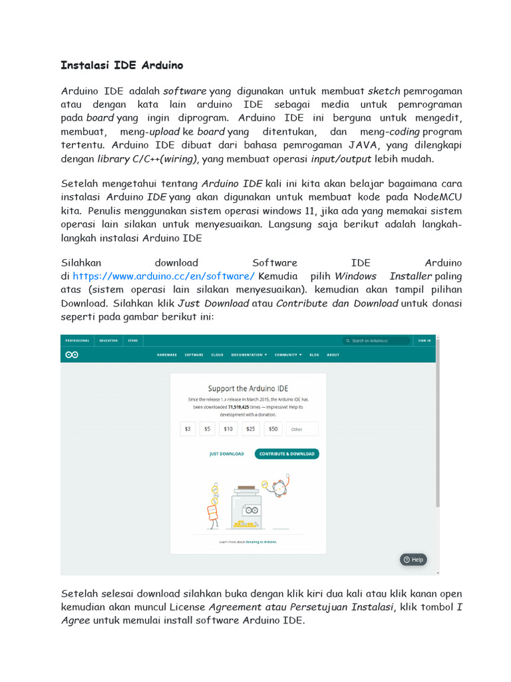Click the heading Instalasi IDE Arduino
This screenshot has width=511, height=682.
tap(122, 65)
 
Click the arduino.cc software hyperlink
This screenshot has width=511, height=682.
tap(164, 276)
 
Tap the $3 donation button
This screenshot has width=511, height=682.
tap(188, 429)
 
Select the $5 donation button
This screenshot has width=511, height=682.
tap(208, 429)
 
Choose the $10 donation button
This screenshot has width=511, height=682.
tap(228, 429)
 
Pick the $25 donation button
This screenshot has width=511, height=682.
tap(250, 429)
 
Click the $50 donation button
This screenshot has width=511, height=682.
tap(273, 429)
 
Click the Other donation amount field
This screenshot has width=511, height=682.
tap(302, 429)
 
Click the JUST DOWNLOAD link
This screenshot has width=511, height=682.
tap(226, 454)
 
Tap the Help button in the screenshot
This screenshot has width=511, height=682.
tap(413, 559)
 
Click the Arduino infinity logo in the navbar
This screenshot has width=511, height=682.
tap(72, 355)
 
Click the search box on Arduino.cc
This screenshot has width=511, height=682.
tap(376, 340)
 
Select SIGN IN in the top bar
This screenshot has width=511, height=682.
tap(424, 340)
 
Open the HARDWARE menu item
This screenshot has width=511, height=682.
tap(167, 355)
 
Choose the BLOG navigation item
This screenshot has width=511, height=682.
tap(314, 355)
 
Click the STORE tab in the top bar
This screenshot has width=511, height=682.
tap(133, 340)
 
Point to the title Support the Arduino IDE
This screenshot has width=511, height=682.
tap(248, 388)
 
